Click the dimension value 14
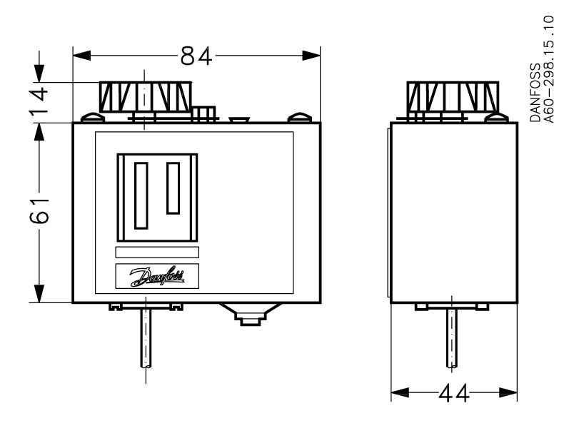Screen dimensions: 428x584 tap(42, 103)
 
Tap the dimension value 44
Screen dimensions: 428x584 tap(455, 393)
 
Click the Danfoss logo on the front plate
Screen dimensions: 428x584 tap(157, 277)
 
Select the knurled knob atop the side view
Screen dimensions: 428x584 tap(453, 96)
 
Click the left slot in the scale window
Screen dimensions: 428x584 tap(141, 195)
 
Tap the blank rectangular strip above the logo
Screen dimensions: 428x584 tap(157, 252)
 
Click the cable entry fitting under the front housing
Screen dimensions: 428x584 tap(248, 315)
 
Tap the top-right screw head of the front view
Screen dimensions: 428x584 tap(298, 116)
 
